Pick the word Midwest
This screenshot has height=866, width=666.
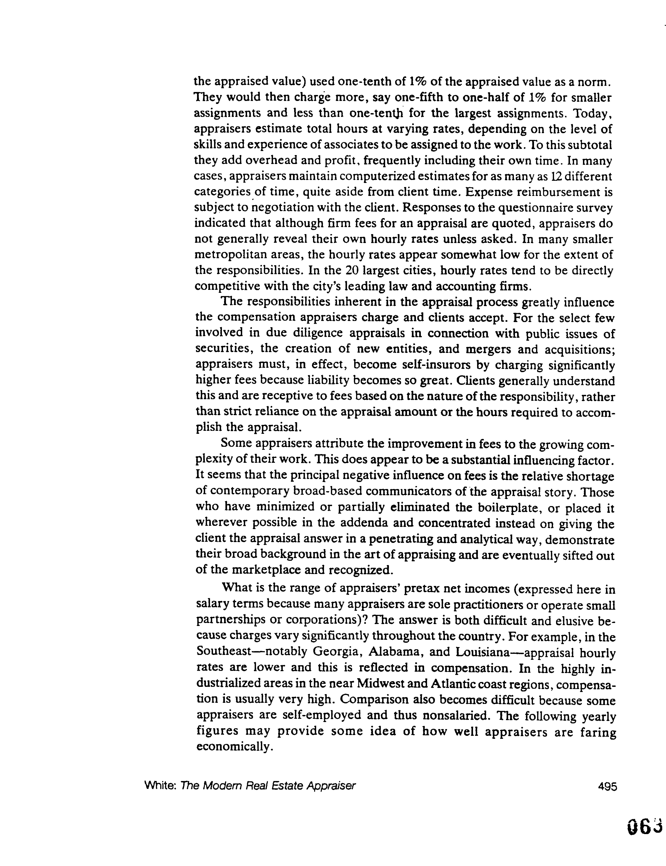coord(381,683)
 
